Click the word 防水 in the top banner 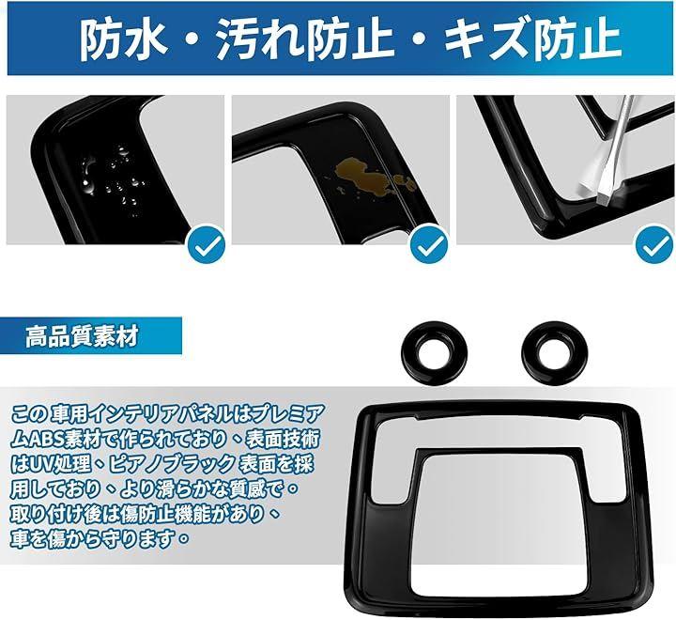click(124, 39)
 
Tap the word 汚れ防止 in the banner click(305, 39)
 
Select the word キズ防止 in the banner click(532, 39)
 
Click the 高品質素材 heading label click(82, 336)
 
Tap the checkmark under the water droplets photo click(207, 244)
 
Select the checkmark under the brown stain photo click(429, 244)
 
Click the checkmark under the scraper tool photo click(654, 244)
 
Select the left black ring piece click(433, 351)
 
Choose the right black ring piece click(553, 350)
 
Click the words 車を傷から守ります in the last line click(94, 540)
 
